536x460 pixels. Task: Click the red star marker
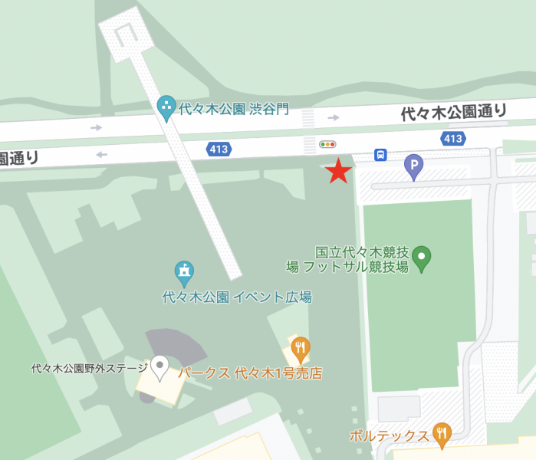[x=338, y=171]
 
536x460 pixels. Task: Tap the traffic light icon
[x=328, y=143]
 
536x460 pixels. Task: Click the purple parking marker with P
[x=414, y=165]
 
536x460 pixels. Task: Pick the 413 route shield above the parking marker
[x=453, y=139]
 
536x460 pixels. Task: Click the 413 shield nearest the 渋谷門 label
[x=219, y=149]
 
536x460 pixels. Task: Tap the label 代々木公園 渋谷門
[x=233, y=109]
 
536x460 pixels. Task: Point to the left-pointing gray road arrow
[x=100, y=155]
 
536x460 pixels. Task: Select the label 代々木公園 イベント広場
[x=237, y=297]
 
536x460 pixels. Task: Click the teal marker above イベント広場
[x=183, y=271]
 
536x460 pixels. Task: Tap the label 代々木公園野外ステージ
[x=89, y=369]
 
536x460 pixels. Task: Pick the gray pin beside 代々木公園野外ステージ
[x=159, y=367]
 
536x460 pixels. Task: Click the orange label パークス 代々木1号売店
[x=250, y=374]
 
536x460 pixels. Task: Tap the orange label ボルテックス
[x=388, y=435]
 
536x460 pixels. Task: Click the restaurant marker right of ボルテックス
[x=442, y=434]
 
